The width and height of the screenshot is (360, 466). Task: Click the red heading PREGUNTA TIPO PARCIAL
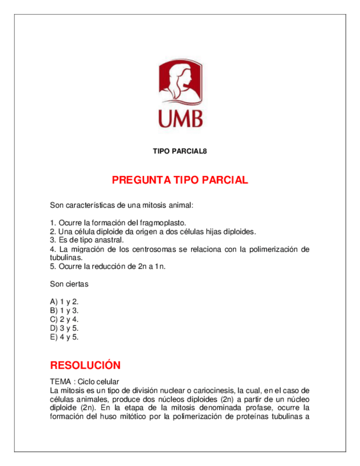[180, 180]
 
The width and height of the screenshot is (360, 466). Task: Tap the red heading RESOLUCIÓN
[85, 365]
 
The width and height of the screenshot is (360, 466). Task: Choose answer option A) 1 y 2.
[64, 302]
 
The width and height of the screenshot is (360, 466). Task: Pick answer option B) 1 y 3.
[64, 310]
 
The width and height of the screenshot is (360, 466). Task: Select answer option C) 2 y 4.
[64, 319]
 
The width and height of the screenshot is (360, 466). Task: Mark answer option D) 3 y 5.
[64, 328]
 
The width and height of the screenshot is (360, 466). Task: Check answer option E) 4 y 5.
[64, 337]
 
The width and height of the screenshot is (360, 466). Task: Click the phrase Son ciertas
[69, 284]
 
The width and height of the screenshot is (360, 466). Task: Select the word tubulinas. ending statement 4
[67, 257]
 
